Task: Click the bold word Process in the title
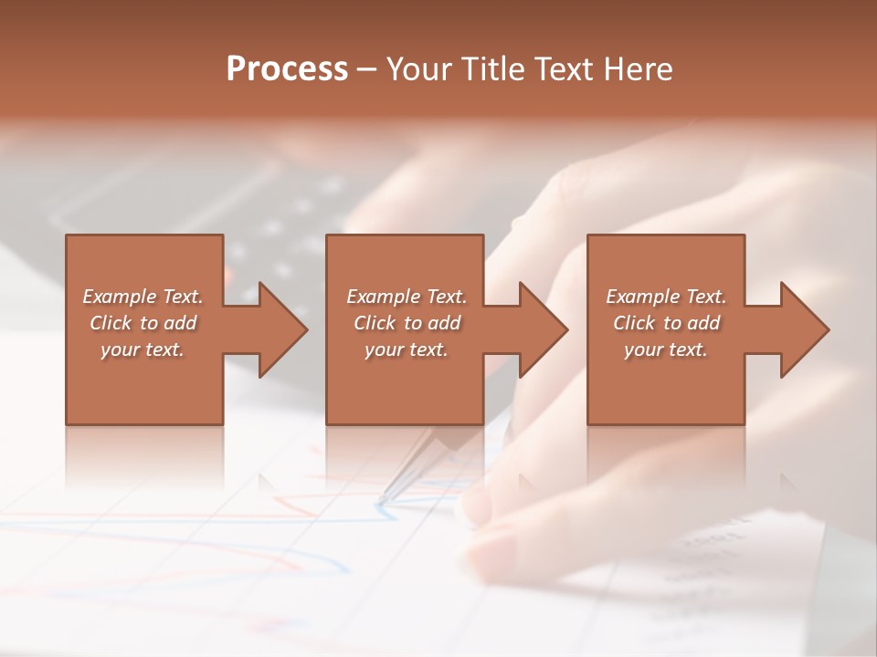pyautogui.click(x=287, y=69)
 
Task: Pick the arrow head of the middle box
pyautogui.click(x=543, y=329)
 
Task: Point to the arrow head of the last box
pyautogui.click(x=804, y=329)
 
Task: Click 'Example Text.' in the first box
pyautogui.click(x=143, y=297)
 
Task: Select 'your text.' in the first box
pyautogui.click(x=143, y=349)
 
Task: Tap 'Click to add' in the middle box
pyautogui.click(x=407, y=323)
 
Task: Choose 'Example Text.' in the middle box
pyautogui.click(x=407, y=297)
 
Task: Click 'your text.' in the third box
pyautogui.click(x=666, y=349)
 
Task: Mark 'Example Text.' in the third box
pyautogui.click(x=666, y=297)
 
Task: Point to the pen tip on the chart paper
pyautogui.click(x=383, y=498)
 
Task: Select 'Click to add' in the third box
pyautogui.click(x=666, y=323)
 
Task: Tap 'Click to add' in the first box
pyautogui.click(x=143, y=323)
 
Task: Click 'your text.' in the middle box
pyautogui.click(x=407, y=349)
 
